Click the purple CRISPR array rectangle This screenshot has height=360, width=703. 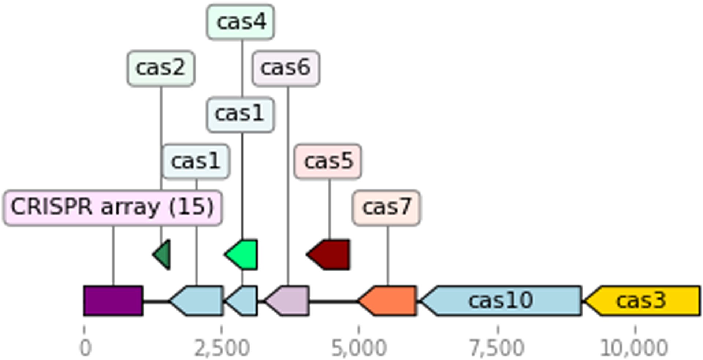113,301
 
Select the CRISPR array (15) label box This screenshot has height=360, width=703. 112,208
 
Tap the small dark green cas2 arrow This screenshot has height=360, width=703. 163,255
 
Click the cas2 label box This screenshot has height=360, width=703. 161,68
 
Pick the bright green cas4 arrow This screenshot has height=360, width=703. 243,255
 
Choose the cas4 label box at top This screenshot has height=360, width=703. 241,22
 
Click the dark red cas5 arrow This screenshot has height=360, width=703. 331,255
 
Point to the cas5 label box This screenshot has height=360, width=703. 328,162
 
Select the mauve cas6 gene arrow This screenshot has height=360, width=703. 289,301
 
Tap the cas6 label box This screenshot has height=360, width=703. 286,68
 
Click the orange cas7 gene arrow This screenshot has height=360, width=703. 390,301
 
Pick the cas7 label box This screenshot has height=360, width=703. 386,208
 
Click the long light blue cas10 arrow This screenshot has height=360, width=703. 502,301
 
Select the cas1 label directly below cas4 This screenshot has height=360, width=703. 240,115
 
